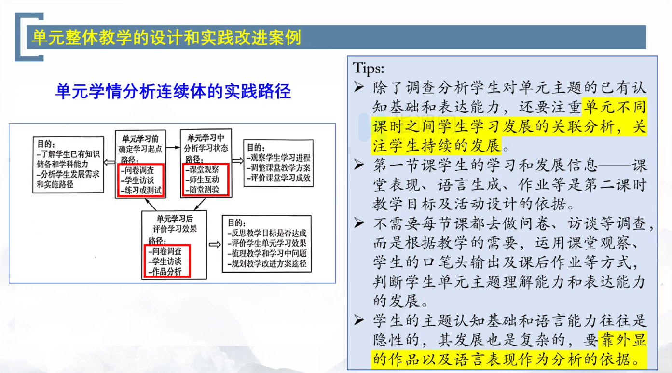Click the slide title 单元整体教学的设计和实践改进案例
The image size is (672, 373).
pos(166,38)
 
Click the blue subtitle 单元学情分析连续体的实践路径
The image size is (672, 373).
pos(173,91)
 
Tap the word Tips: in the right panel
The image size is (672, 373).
pos(368,69)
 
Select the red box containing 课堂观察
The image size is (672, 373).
pos(206,180)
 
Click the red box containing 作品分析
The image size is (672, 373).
pos(167,261)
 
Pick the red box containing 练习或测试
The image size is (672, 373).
pos(141,180)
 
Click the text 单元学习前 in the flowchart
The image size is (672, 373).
pos(140,138)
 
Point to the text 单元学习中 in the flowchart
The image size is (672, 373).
pos(206,138)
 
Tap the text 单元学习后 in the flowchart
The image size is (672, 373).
pos(175,219)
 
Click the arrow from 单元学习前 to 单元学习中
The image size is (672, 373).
pos(173,147)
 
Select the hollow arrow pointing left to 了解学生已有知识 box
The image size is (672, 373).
pos(109,163)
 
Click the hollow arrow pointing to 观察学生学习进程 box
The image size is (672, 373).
pos(238,161)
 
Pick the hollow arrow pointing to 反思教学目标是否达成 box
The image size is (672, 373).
pos(215,245)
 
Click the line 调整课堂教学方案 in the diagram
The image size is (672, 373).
pos(278,168)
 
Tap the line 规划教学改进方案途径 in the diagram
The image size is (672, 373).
pos(267,264)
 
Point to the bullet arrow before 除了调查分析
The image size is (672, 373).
pos(359,87)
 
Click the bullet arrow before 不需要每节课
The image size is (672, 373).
pos(359,223)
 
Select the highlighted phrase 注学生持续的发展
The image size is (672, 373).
pos(437,146)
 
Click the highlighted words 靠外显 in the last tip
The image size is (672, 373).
pos(622,340)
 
